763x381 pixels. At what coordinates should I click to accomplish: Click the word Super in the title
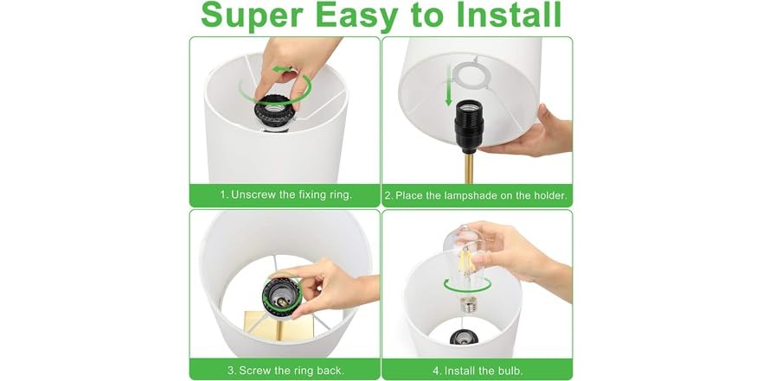click(253, 16)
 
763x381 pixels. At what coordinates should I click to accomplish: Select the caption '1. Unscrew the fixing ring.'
click(285, 195)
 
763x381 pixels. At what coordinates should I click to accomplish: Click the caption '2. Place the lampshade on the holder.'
click(476, 195)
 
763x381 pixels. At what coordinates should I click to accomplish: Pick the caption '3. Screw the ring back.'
click(285, 370)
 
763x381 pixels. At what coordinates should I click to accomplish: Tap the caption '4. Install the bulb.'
click(477, 371)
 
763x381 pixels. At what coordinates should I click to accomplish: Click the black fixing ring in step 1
click(274, 111)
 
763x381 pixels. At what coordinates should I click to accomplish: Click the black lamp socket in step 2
click(469, 126)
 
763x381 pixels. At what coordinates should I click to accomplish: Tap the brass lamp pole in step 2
click(469, 168)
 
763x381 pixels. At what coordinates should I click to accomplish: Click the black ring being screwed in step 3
click(281, 297)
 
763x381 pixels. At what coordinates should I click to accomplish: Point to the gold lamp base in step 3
click(279, 326)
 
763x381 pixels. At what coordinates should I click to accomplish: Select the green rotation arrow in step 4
click(466, 285)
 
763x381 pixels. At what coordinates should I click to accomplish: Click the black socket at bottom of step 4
click(464, 337)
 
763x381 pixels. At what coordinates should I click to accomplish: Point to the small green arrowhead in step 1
click(279, 69)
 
